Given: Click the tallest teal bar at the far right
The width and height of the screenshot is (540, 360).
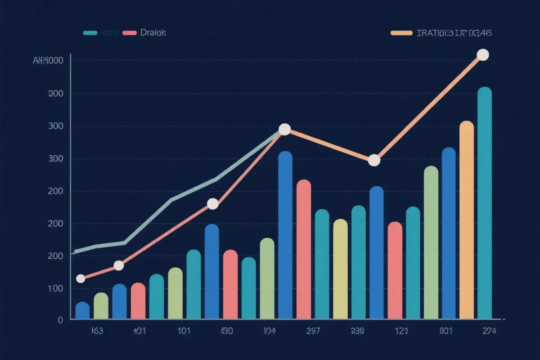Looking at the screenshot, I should pyautogui.click(x=484, y=202).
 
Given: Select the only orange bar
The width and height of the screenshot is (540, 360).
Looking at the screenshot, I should pyautogui.click(x=467, y=220).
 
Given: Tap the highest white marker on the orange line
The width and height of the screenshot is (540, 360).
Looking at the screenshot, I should pyautogui.click(x=482, y=55).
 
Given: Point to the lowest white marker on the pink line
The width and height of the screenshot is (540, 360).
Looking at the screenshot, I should pyautogui.click(x=81, y=279).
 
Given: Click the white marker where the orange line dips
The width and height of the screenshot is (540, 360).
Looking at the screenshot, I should pyautogui.click(x=374, y=160).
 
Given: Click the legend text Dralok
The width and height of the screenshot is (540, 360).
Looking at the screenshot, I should pyautogui.click(x=153, y=33).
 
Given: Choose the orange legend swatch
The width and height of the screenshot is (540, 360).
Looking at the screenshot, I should pyautogui.click(x=401, y=33).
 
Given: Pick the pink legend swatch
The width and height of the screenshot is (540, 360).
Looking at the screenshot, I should pyautogui.click(x=129, y=33).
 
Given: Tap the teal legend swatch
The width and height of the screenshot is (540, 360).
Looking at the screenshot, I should pyautogui.click(x=90, y=33).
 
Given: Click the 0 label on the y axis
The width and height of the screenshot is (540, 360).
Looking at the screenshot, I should pyautogui.click(x=59, y=320).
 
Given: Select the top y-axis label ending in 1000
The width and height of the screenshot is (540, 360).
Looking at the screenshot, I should pyautogui.click(x=48, y=60).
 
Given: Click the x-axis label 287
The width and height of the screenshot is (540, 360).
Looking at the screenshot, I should pyautogui.click(x=313, y=332).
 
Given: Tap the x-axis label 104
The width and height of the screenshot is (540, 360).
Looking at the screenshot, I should pyautogui.click(x=269, y=332).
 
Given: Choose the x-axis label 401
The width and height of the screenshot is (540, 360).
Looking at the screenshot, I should pyautogui.click(x=139, y=332).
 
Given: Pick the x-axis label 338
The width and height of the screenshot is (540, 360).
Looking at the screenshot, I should pyautogui.click(x=357, y=332).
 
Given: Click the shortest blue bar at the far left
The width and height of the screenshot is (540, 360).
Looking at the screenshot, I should pyautogui.click(x=82, y=310).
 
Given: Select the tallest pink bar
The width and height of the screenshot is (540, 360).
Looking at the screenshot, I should pyautogui.click(x=304, y=250).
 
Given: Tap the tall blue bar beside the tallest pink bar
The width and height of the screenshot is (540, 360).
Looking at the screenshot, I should pyautogui.click(x=285, y=235).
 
